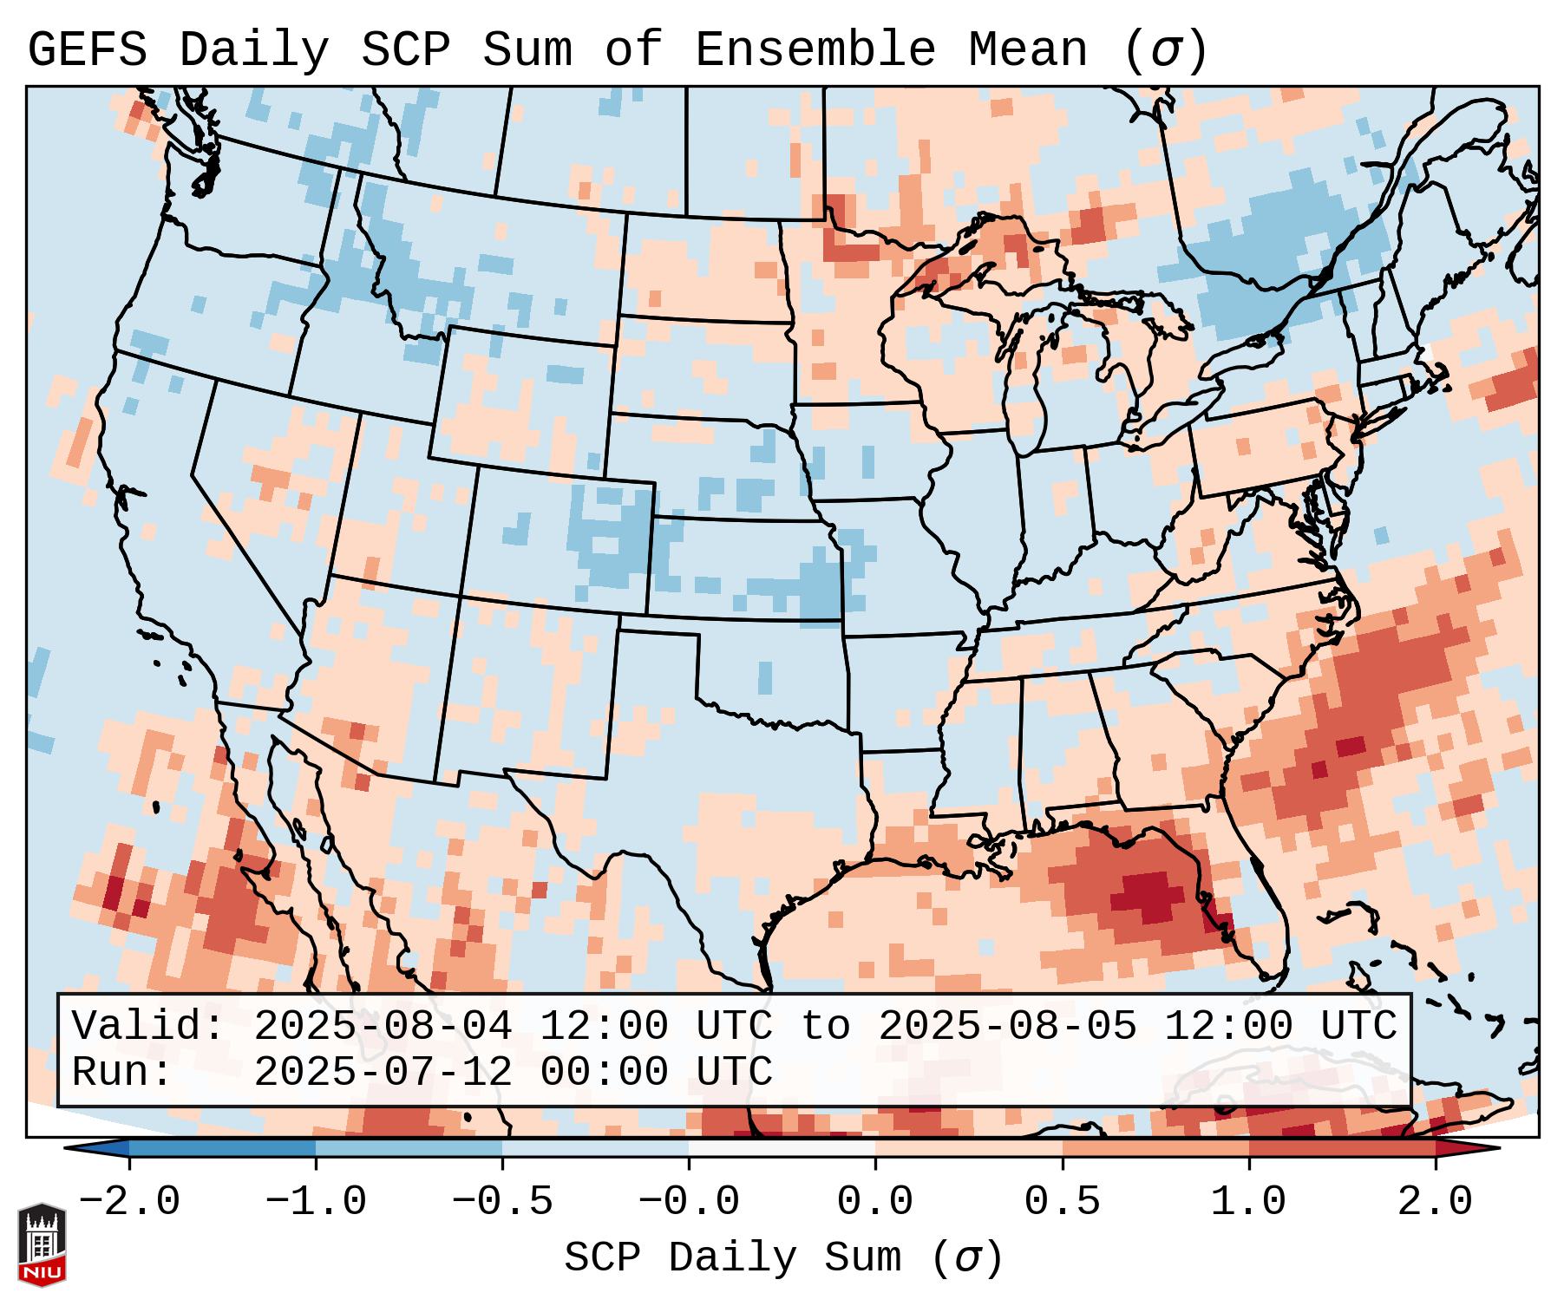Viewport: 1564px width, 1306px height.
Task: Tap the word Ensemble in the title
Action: click(x=815, y=50)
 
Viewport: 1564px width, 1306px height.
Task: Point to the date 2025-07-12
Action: click(x=383, y=1072)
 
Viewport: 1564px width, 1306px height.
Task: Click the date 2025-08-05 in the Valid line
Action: click(x=1007, y=1026)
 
